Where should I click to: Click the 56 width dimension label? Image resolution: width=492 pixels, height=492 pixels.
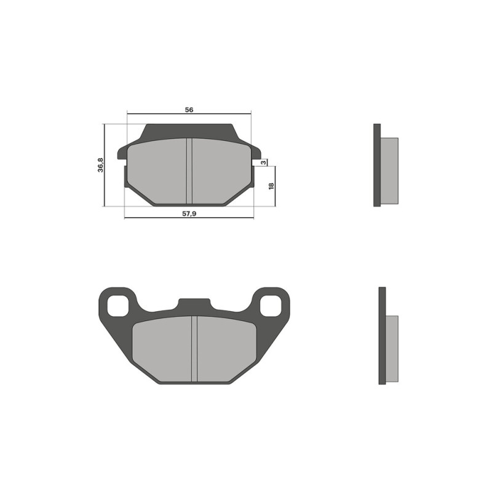(189, 110)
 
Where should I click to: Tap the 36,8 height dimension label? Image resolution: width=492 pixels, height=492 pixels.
(100, 165)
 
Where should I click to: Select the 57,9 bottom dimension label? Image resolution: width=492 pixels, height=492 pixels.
(189, 213)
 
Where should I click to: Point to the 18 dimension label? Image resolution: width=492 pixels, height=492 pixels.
(271, 186)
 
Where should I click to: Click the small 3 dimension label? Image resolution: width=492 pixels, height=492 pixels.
(264, 162)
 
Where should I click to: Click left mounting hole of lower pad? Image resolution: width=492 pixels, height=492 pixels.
(118, 306)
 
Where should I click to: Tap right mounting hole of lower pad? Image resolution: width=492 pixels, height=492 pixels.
(271, 306)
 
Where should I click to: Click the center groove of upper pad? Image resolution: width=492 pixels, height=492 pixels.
(189, 171)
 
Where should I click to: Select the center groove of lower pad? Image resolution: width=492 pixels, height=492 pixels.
(194, 349)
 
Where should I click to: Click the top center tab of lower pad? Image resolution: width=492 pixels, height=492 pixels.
(194, 303)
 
